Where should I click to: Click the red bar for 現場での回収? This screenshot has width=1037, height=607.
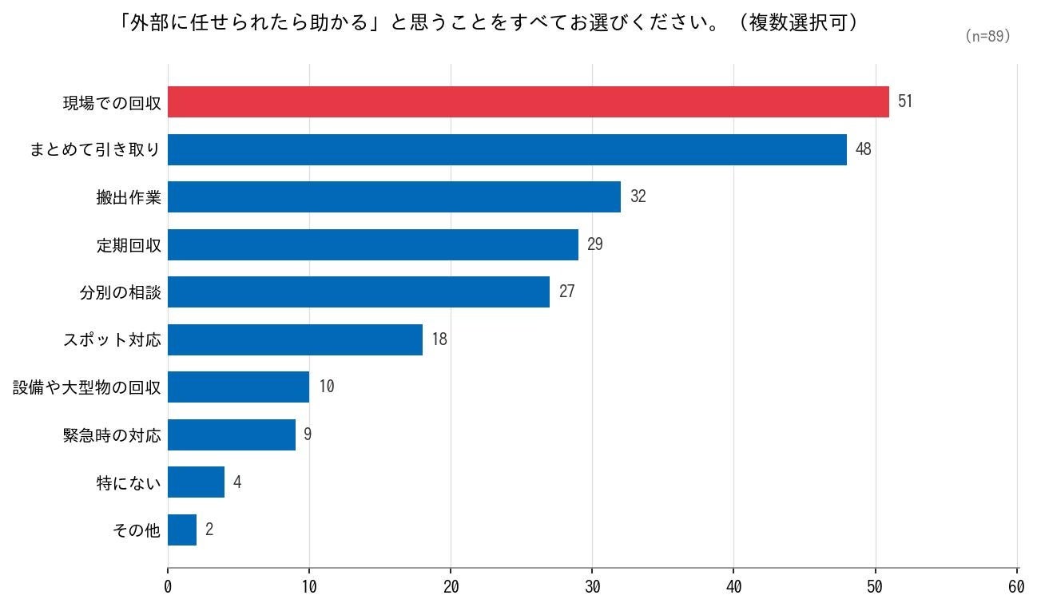click(528, 101)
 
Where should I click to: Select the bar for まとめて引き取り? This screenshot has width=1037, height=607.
click(507, 149)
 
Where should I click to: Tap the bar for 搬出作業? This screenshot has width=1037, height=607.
click(394, 196)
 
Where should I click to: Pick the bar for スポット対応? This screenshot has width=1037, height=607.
click(295, 339)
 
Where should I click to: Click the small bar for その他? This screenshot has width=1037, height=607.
click(182, 530)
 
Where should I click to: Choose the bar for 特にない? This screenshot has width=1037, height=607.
click(196, 482)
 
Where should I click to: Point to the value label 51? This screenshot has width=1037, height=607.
click(905, 101)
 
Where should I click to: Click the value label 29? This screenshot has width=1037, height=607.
click(595, 244)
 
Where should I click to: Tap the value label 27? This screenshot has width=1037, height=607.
click(566, 292)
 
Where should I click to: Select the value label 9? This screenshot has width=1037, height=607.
click(308, 434)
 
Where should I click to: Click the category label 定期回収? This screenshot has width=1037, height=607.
click(129, 245)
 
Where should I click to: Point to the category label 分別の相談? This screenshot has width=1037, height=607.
click(121, 292)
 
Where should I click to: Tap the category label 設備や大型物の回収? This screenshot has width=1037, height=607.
click(87, 387)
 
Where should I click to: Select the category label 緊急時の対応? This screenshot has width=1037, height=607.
click(112, 435)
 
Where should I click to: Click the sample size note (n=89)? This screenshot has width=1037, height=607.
click(988, 36)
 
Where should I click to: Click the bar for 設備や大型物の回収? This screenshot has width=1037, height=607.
click(238, 387)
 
